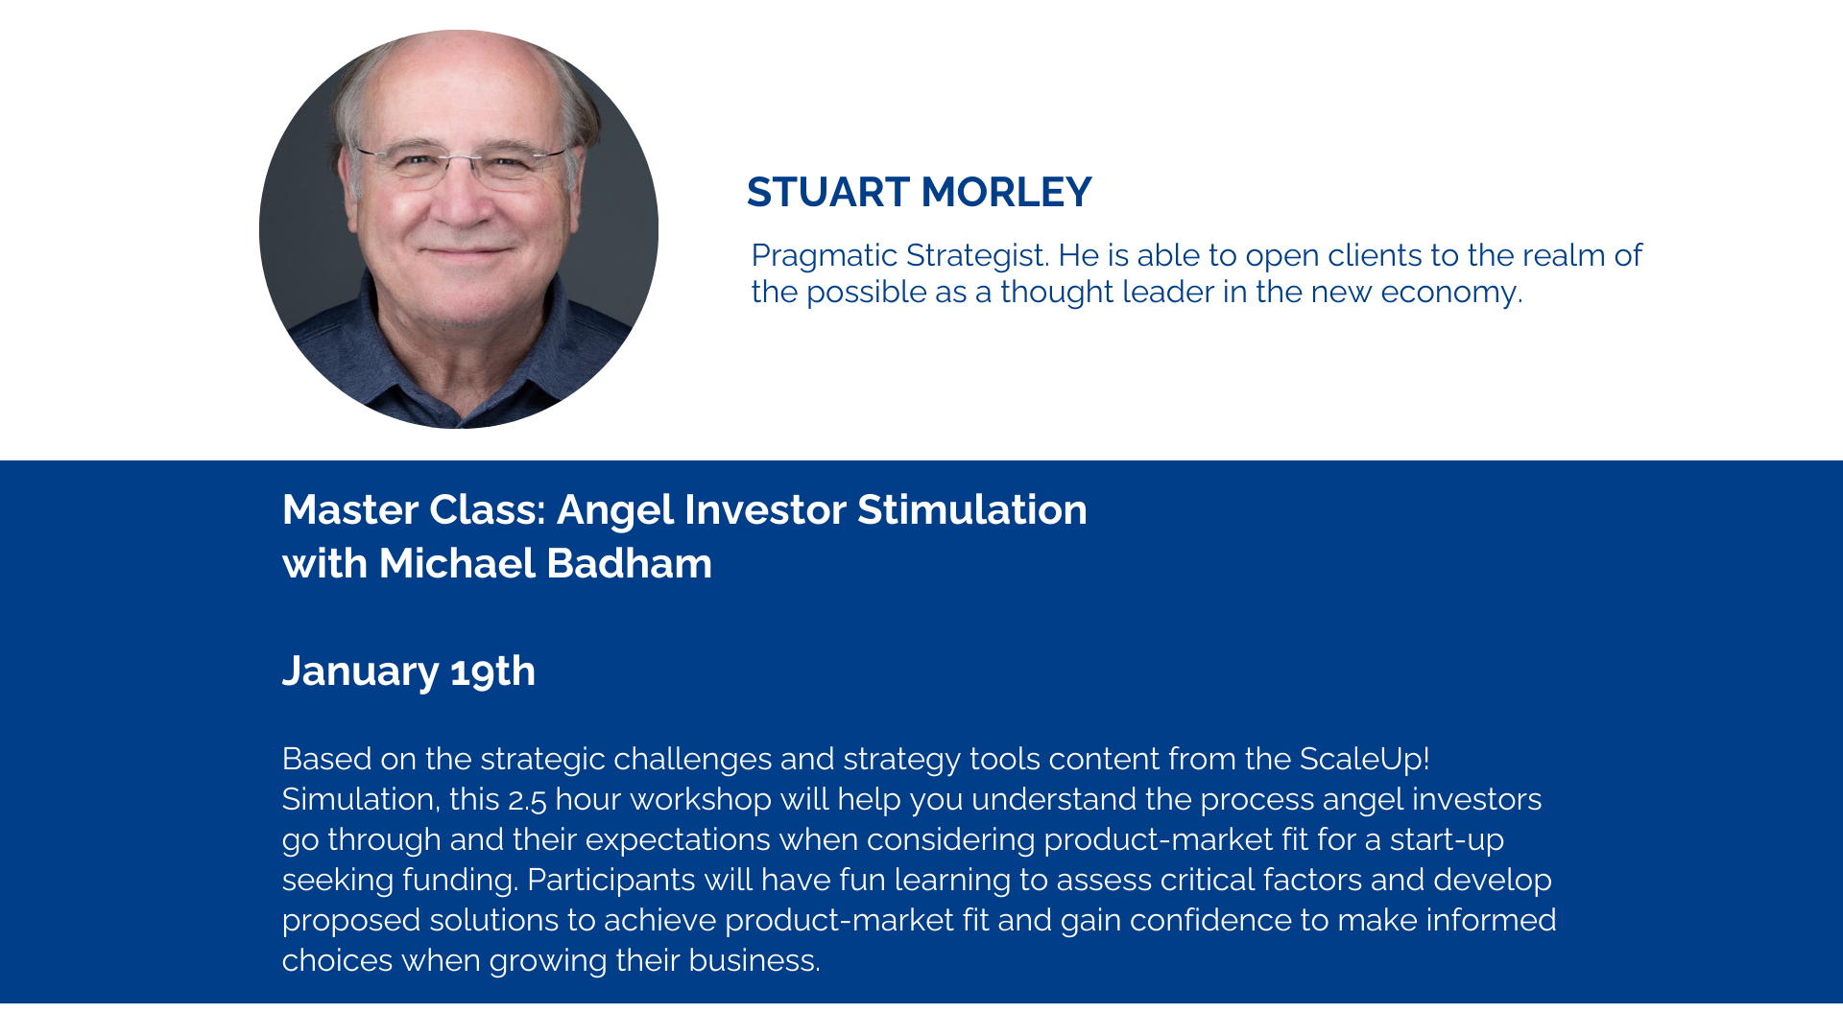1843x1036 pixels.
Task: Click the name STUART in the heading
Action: click(x=828, y=192)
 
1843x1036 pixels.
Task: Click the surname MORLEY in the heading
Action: click(x=1006, y=192)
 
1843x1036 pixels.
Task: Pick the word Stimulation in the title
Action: click(x=972, y=509)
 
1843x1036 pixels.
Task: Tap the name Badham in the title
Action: click(x=629, y=563)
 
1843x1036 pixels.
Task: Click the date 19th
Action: click(x=492, y=671)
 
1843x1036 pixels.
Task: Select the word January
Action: click(x=361, y=671)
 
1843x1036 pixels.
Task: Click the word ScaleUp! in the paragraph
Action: click(x=1365, y=759)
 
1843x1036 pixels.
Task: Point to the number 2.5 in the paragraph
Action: click(x=527, y=800)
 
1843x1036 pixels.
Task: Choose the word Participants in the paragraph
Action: click(x=611, y=880)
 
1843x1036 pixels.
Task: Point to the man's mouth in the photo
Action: click(x=467, y=251)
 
